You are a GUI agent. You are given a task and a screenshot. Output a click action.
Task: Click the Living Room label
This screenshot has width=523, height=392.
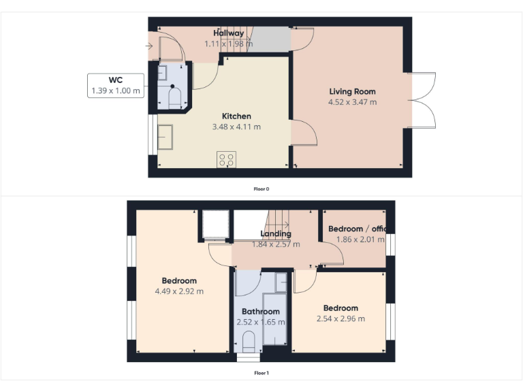click(x=352, y=91)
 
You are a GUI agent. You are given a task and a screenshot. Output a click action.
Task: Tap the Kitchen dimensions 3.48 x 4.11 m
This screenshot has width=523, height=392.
click(x=236, y=127)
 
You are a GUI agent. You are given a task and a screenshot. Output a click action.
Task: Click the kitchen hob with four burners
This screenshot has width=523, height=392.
click(x=226, y=160)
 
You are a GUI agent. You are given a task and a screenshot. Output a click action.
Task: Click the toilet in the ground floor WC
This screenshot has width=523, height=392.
click(x=175, y=98)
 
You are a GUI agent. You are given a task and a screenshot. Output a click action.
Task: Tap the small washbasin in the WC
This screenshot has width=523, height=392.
click(x=164, y=71)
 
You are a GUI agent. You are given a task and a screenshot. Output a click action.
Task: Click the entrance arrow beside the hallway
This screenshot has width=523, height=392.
click(x=149, y=46)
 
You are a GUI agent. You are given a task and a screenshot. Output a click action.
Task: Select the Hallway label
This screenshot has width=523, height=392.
click(x=229, y=33)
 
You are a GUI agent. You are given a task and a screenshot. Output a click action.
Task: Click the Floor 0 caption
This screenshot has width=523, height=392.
click(x=261, y=189)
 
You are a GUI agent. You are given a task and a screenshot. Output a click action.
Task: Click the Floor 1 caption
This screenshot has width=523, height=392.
click(x=261, y=372)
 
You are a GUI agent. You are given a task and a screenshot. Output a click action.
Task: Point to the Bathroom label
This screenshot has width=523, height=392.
click(x=260, y=312)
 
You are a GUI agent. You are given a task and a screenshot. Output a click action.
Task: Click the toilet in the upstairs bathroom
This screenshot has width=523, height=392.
click(x=249, y=341)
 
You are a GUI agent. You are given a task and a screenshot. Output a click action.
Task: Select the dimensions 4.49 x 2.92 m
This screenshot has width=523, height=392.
click(x=179, y=291)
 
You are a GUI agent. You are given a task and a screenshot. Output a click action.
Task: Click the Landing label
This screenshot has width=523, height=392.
click(x=276, y=234)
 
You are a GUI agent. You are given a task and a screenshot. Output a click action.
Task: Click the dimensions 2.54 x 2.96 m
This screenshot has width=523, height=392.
click(x=340, y=318)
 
